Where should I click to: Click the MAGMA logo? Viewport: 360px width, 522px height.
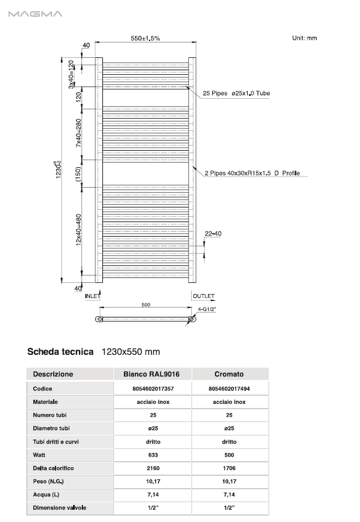click(35, 14)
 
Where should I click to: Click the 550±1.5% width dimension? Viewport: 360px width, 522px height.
click(145, 38)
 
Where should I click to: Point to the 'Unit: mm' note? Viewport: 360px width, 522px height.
click(304, 38)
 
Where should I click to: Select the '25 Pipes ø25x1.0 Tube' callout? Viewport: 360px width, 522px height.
click(236, 94)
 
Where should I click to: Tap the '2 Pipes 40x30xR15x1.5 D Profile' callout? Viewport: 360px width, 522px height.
click(252, 174)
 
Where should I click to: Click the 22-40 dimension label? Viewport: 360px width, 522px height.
click(213, 234)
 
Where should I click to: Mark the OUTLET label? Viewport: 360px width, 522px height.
click(203, 296)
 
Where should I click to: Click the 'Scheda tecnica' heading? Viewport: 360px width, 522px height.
click(60, 352)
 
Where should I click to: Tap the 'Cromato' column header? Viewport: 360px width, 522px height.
click(229, 374)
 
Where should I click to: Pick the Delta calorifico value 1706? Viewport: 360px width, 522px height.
click(229, 468)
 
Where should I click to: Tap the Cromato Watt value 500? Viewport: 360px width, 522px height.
click(229, 455)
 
